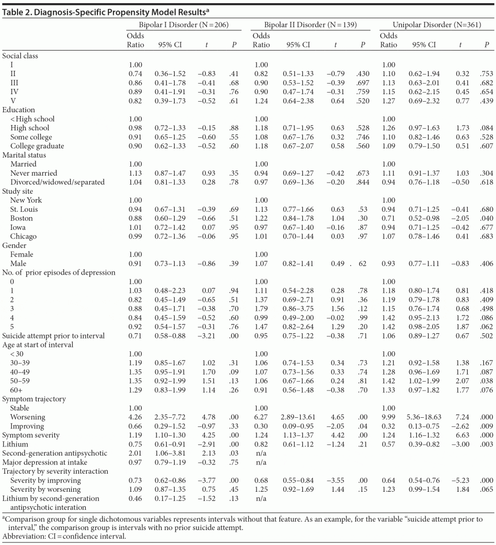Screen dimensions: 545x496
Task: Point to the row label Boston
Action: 21,218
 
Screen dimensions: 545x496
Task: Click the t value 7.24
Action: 461,417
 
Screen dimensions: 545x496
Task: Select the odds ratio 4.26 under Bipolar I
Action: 135,417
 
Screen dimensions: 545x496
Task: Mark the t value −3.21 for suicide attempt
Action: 207,335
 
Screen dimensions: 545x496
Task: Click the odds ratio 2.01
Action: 135,453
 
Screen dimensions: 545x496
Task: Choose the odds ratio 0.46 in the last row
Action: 135,498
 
